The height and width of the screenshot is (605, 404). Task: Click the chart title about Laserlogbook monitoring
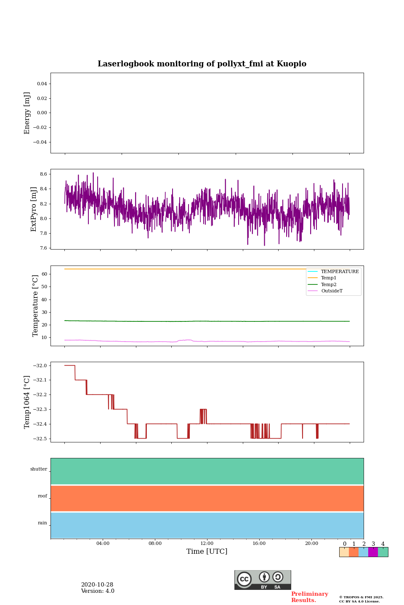202,64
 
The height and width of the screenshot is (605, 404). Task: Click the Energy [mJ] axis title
27,113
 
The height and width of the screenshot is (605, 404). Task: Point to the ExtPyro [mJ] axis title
34,209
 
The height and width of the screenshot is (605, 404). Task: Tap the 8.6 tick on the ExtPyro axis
43,174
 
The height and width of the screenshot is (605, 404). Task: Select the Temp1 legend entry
328,278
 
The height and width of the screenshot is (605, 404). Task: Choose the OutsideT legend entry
332,291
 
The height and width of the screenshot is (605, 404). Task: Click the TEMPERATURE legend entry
340,272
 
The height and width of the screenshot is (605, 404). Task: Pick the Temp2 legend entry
328,285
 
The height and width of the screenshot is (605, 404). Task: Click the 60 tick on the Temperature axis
44,274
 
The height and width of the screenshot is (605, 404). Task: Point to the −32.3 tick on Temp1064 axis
39,409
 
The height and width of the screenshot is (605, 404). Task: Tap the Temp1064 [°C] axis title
27,402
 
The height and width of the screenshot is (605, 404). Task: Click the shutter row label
39,469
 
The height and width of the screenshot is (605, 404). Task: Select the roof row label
43,496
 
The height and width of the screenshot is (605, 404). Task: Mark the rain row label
43,523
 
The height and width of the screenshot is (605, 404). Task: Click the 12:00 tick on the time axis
207,543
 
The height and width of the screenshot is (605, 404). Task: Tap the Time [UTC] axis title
207,552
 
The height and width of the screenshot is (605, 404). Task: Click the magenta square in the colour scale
373,552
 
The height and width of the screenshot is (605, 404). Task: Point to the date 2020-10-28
97,585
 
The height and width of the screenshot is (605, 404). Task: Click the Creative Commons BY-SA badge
263,580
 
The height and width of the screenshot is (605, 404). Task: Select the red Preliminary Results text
309,597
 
